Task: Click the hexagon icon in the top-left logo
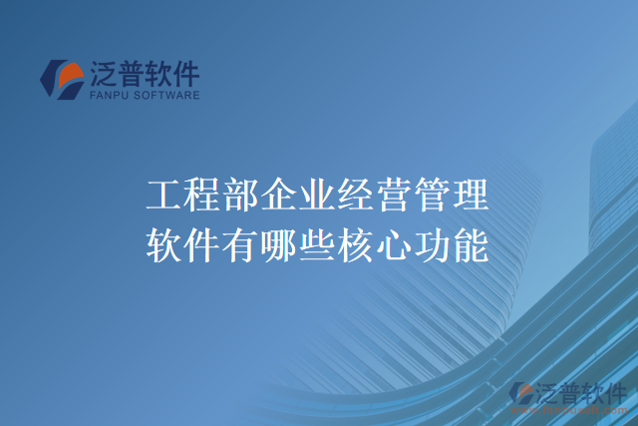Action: tap(62, 79)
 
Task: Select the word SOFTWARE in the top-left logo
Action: tap(166, 96)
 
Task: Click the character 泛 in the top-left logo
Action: tap(106, 73)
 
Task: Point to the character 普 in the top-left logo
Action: tap(137, 73)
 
